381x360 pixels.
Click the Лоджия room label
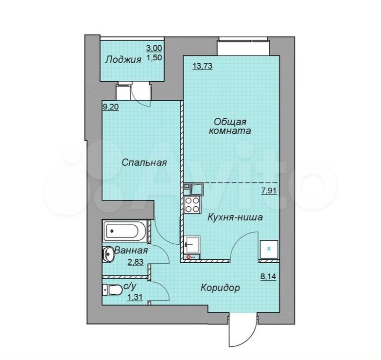click(123, 59)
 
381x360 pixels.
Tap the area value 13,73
click(202, 66)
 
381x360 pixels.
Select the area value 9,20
click(111, 107)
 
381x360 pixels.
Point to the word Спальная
click(144, 162)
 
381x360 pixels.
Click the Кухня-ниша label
click(235, 217)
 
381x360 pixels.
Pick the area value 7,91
click(269, 191)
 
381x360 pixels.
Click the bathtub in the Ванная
click(125, 231)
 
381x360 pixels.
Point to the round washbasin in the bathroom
click(108, 254)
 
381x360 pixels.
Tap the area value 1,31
click(135, 297)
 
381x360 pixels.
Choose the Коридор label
click(220, 288)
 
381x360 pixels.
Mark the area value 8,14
click(268, 276)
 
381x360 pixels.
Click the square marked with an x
click(269, 249)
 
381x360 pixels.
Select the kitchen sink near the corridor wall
click(192, 244)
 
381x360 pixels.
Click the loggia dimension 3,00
click(154, 48)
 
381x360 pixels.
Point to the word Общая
click(230, 121)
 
